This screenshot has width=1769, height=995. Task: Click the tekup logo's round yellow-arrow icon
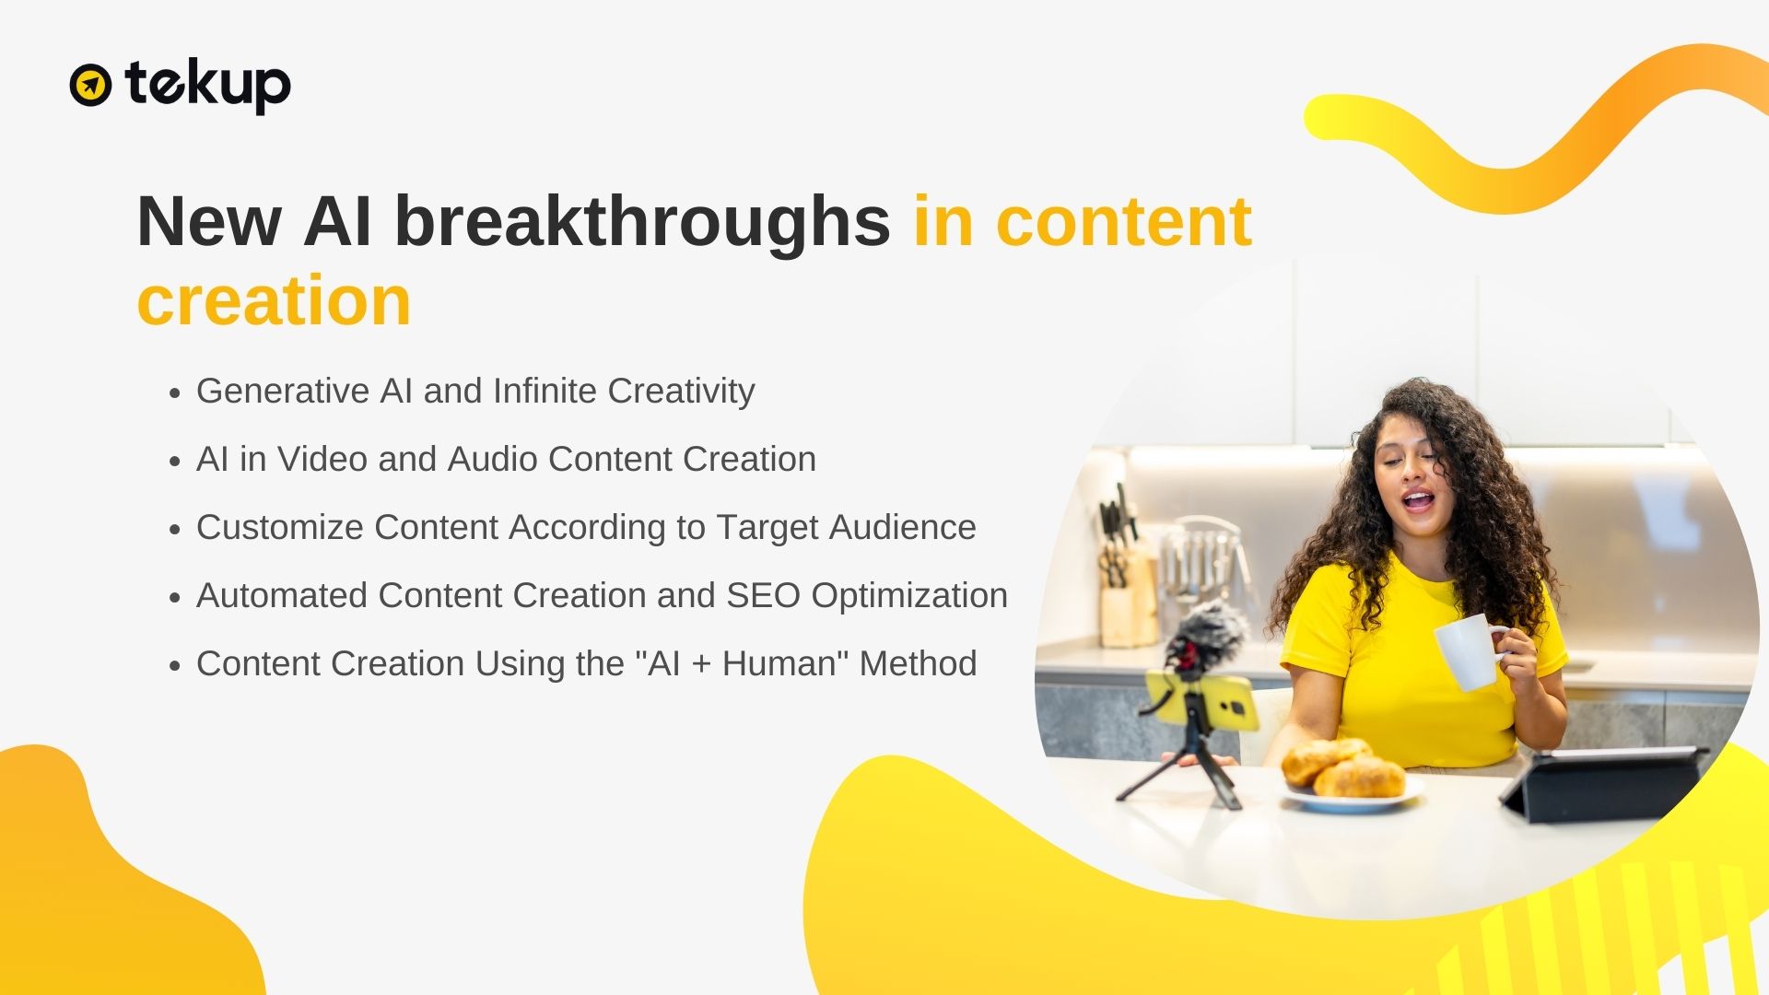click(x=90, y=85)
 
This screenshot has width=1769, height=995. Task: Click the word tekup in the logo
click(x=208, y=86)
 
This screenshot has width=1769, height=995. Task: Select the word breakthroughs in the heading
click(x=642, y=221)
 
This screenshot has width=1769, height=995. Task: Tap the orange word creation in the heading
click(x=274, y=300)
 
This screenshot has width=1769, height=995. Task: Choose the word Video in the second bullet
click(x=322, y=459)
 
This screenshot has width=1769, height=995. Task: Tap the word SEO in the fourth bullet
click(x=764, y=595)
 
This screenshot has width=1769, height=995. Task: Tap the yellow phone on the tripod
click(x=1201, y=700)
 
